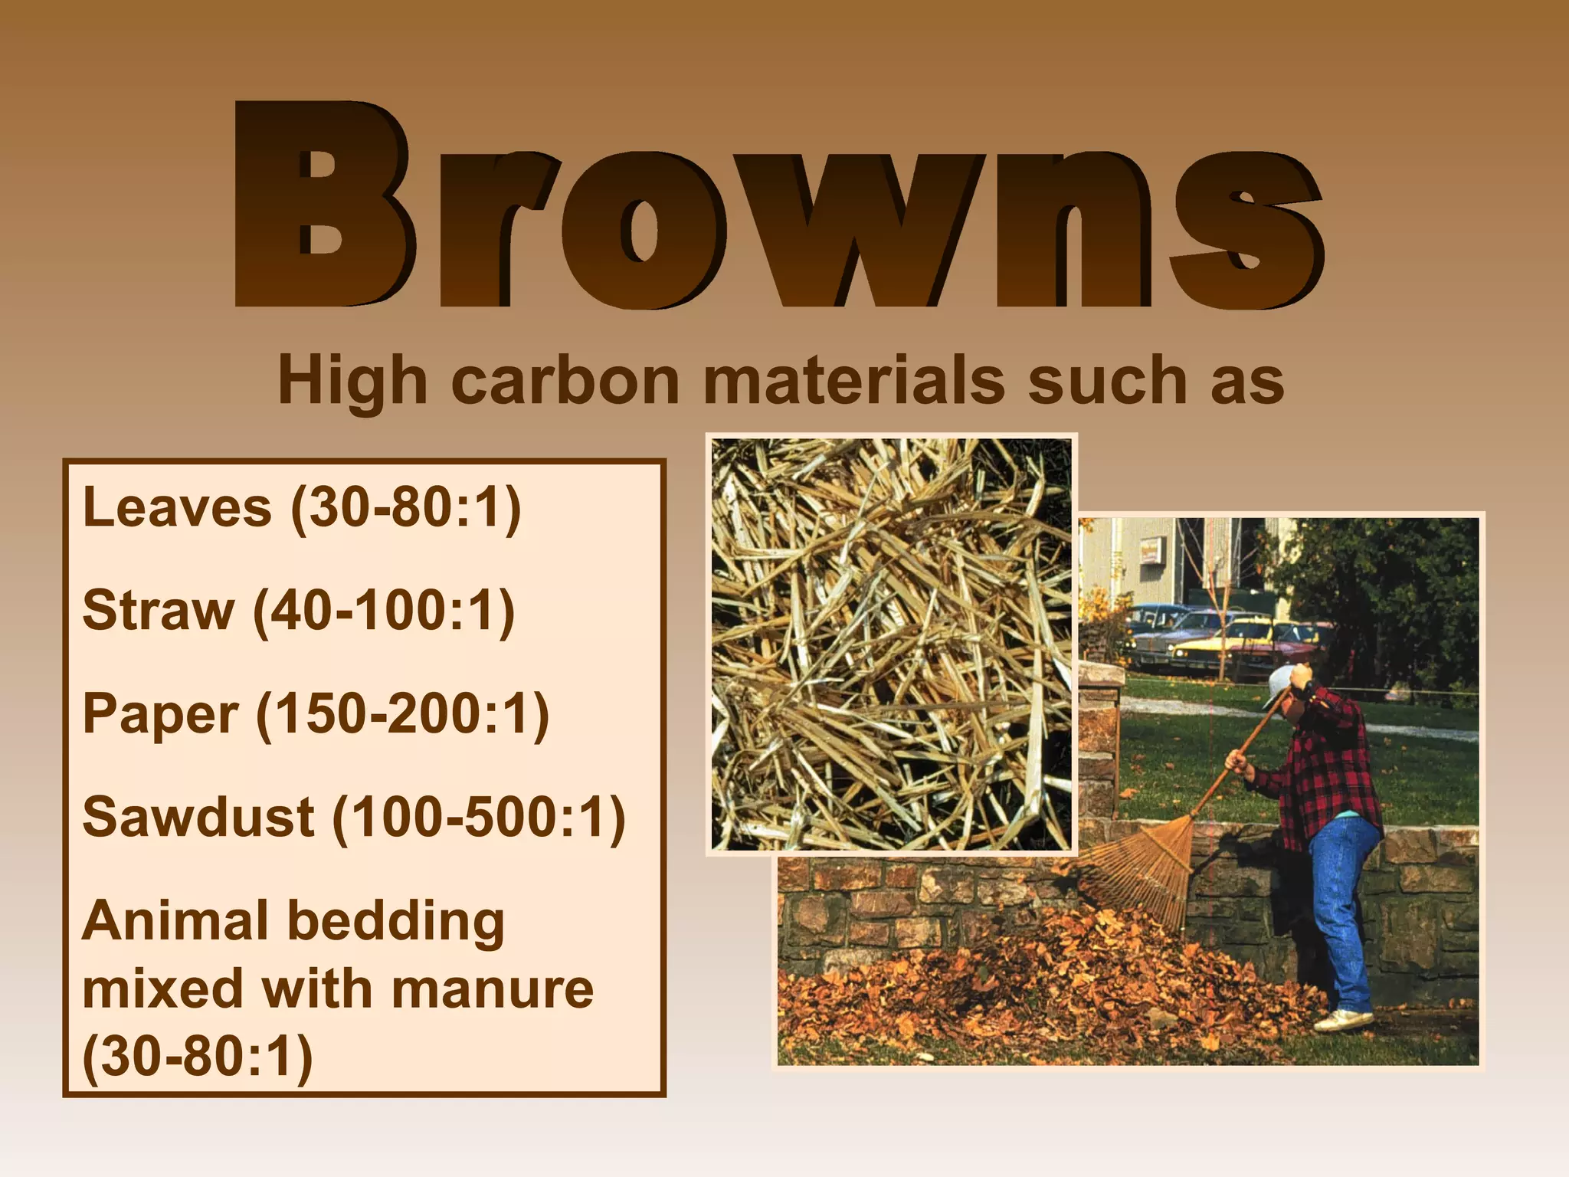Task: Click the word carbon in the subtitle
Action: tap(565, 381)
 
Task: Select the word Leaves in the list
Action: tap(177, 507)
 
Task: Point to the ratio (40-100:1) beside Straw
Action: tap(384, 611)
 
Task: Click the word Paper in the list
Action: tap(160, 714)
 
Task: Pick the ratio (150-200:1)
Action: tap(402, 714)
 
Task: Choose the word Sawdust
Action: tap(198, 817)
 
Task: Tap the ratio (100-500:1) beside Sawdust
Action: tap(479, 817)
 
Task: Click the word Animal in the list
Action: tap(175, 920)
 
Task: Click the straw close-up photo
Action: tap(891, 644)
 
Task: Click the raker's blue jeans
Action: tap(1345, 904)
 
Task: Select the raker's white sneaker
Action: tap(1345, 1020)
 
